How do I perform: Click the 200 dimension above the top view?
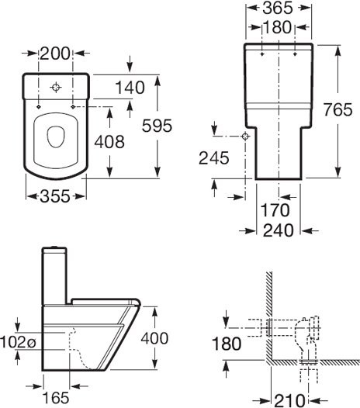click(55, 54)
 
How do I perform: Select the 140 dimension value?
click(130, 88)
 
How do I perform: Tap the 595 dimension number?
click(157, 126)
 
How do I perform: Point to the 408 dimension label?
click(109, 142)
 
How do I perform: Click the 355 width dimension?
click(55, 196)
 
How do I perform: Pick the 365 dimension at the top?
click(278, 8)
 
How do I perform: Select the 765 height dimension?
click(337, 109)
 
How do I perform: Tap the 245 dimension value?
click(213, 158)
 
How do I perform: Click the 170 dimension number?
click(275, 210)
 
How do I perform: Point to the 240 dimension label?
click(279, 230)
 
